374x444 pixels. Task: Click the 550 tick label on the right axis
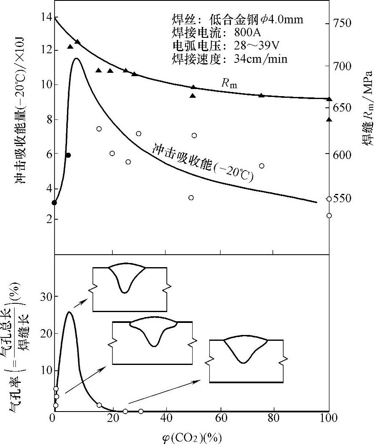[x=343, y=198]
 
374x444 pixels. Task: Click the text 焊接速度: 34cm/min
[x=229, y=59]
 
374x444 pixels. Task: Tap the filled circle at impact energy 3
[x=54, y=203]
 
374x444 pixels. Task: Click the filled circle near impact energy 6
[x=68, y=155]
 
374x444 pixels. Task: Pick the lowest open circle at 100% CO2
[x=329, y=216]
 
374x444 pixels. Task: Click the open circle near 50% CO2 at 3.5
[x=191, y=198]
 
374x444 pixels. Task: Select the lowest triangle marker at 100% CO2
[x=329, y=120]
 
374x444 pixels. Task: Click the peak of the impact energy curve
[x=76, y=58]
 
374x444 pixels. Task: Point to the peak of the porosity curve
[x=69, y=312]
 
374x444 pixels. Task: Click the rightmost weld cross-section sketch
[x=246, y=360]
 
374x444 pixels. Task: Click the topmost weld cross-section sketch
[x=129, y=288]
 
